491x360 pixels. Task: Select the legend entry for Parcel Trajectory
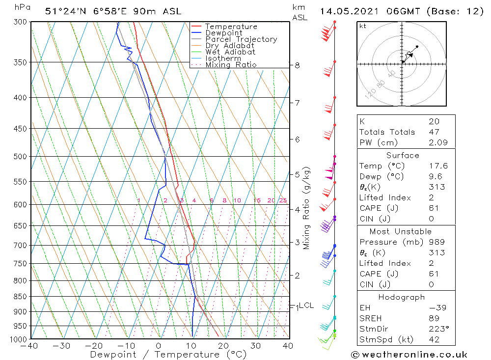(x=241, y=39)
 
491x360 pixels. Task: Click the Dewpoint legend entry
(x=223, y=33)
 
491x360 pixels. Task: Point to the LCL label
(x=306, y=305)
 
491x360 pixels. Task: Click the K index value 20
(x=434, y=121)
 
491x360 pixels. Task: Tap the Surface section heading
(x=403, y=156)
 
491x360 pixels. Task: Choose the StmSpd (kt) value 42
(x=434, y=339)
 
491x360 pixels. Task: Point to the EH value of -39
(x=436, y=308)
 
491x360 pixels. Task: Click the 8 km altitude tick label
(x=298, y=65)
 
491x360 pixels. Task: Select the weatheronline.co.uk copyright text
(x=409, y=355)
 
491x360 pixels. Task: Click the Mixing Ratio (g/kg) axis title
(x=307, y=208)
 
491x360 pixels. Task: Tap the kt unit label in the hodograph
(x=363, y=26)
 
